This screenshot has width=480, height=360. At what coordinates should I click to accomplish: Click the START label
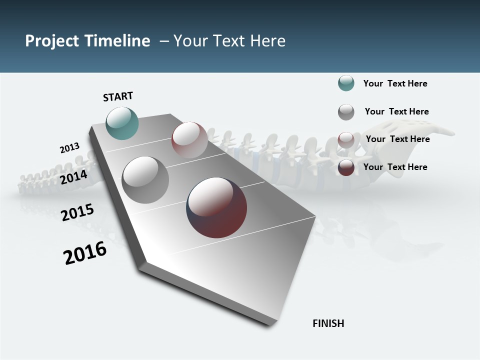pos(118,96)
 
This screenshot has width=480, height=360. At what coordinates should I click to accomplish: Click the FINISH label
pos(328,323)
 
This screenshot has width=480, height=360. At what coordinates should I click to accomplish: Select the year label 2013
pos(70,148)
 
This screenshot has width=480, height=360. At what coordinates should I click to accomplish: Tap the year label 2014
pos(73,177)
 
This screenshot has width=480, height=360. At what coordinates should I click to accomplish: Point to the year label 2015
pos(77,212)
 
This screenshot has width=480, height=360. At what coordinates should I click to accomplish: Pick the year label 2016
pos(85,253)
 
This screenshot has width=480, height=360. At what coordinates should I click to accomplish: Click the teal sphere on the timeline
pos(122,123)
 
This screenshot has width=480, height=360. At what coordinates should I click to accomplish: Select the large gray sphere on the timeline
pos(145,180)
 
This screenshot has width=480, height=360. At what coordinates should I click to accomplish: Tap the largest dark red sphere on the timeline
pos(216,207)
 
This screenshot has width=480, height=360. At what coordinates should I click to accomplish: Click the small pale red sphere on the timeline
pos(189,139)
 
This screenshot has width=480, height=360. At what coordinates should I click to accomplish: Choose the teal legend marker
pos(346,83)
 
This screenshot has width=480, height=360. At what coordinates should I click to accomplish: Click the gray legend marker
pos(346,112)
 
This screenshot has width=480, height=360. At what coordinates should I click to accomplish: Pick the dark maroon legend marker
pos(346,167)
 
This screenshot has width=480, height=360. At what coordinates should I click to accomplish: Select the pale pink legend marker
pos(346,139)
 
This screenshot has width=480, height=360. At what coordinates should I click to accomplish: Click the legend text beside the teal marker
pos(395,83)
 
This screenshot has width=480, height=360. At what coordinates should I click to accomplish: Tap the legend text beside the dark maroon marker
pos(395,167)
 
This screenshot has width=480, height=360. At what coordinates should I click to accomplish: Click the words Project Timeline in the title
pos(87,41)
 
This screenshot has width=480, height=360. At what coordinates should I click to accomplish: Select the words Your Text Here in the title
pos(229,41)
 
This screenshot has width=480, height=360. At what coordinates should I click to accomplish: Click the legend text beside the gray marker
pos(396,111)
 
